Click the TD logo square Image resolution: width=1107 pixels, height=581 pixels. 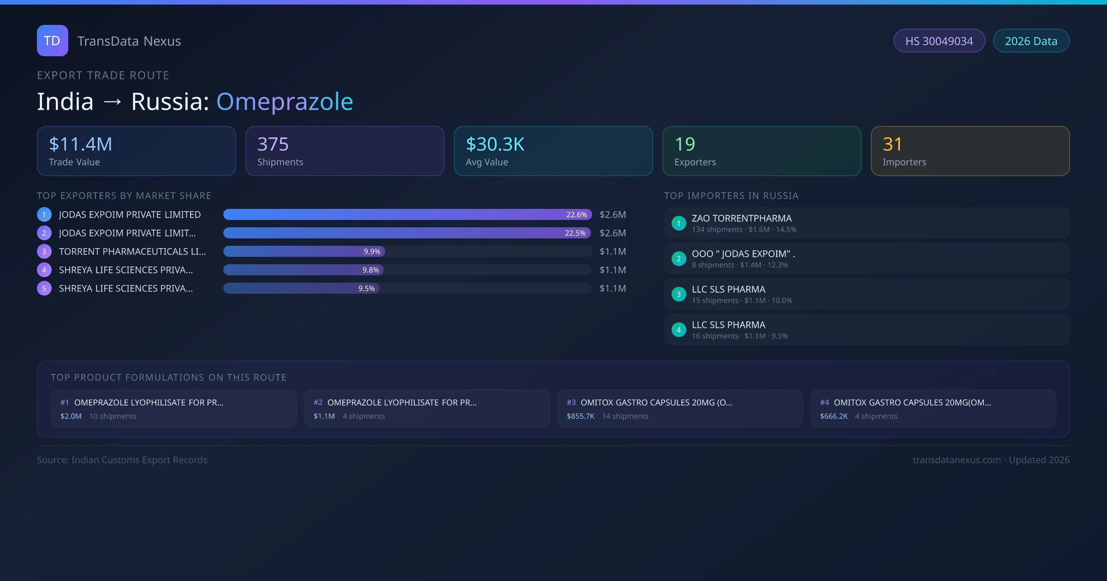53,41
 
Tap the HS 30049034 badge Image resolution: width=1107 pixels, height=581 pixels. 939,41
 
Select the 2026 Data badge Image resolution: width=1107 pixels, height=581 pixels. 1031,41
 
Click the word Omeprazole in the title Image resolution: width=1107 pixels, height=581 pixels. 285,101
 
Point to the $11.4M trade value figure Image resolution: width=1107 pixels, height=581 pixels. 81,144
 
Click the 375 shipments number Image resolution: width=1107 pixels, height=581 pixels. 273,144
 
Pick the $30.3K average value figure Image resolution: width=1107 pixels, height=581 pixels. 495,144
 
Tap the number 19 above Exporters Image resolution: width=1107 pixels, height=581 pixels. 685,144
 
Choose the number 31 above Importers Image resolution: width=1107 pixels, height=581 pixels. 893,144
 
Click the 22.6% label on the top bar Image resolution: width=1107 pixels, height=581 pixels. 577,214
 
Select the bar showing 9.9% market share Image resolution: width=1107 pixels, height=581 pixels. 304,251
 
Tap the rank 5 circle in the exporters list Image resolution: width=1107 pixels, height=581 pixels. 44,288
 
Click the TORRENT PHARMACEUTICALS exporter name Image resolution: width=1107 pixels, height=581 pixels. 132,251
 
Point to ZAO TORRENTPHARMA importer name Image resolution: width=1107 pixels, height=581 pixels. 742,218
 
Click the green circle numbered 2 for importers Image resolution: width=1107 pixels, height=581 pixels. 678,259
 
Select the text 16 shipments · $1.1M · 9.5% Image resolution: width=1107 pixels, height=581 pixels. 740,336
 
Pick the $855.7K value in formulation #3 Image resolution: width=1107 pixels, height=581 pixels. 581,416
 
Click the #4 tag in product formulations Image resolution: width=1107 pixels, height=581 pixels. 824,403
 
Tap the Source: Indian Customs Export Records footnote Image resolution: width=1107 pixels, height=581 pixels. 122,460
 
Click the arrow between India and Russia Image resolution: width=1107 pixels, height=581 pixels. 113,102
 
